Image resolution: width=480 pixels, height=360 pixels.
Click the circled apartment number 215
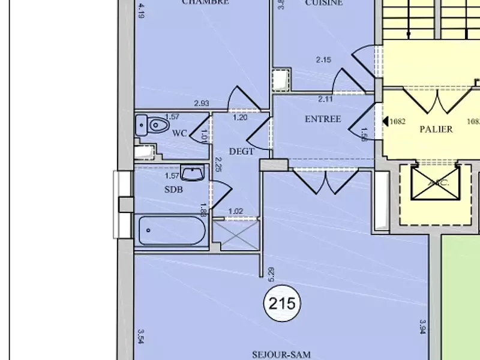coord(282,304)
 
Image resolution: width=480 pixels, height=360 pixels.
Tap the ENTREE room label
coord(323,119)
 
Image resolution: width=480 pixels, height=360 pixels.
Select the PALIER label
coord(436,129)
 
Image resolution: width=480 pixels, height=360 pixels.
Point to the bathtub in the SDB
coord(172,231)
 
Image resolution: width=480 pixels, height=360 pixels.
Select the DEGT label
coord(241,151)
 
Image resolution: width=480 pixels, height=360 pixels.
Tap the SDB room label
coord(173,190)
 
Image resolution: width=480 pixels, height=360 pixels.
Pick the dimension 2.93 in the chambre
coord(202,104)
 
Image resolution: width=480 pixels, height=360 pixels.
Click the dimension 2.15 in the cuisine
coord(323,59)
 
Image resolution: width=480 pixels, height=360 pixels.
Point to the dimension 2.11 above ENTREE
coord(325,100)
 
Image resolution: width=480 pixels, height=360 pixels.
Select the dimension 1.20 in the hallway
coord(240,118)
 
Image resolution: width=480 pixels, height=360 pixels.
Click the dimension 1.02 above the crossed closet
coord(236,211)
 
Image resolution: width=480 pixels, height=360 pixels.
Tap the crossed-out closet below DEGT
coord(236,235)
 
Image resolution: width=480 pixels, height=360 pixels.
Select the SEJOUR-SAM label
coord(281,355)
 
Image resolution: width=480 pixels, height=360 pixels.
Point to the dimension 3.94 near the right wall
coord(422,328)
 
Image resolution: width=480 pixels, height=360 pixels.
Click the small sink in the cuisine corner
coord(280,80)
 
